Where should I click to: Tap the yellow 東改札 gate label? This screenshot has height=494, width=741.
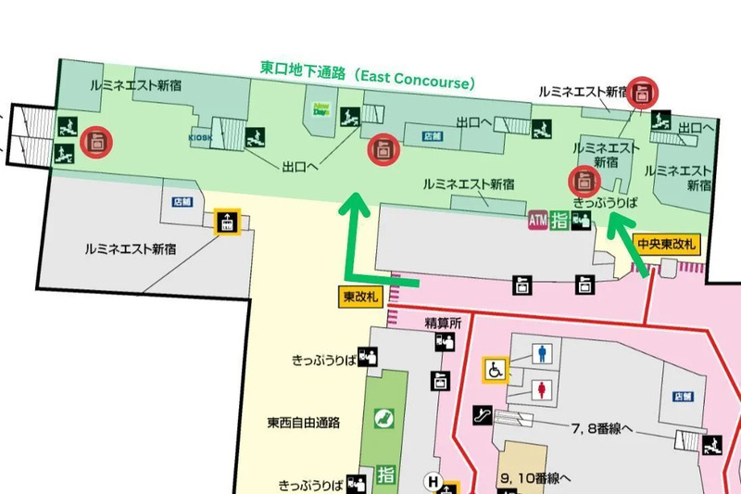click(359, 297)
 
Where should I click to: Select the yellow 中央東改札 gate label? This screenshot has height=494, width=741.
click(667, 245)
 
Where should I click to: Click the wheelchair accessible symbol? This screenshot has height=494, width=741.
click(496, 370)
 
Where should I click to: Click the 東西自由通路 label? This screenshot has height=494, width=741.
click(304, 423)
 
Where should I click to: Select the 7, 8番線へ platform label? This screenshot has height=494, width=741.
click(602, 428)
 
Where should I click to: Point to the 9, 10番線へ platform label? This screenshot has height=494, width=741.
click(536, 478)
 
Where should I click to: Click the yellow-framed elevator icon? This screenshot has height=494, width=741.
click(226, 222)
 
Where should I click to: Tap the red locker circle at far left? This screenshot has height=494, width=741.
click(94, 142)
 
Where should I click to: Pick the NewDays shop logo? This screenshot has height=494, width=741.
click(322, 109)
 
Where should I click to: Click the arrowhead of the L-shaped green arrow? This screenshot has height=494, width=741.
click(354, 206)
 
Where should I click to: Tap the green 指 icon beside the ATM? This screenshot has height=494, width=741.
click(559, 220)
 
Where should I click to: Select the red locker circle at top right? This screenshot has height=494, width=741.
click(645, 91)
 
